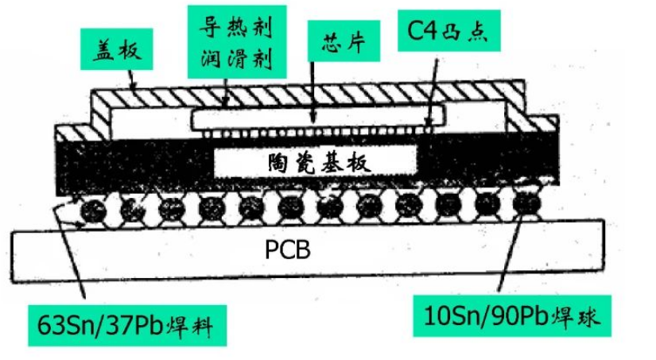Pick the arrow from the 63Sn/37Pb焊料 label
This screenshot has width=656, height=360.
point(74,254)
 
